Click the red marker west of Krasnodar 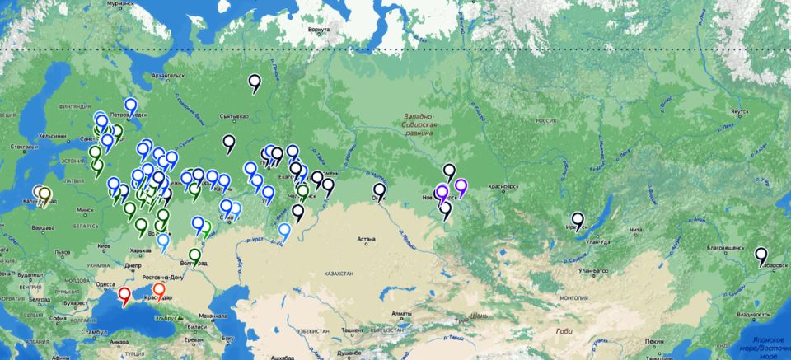pos(124,294)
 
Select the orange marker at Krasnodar pos(159,291)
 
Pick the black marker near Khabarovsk pos(762,255)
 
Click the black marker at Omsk pos(379,191)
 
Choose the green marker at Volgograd pos(195,256)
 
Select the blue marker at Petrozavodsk pos(130,105)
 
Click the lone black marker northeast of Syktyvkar pos(255,82)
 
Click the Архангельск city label pos(166,76)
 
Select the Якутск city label pos(738,110)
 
